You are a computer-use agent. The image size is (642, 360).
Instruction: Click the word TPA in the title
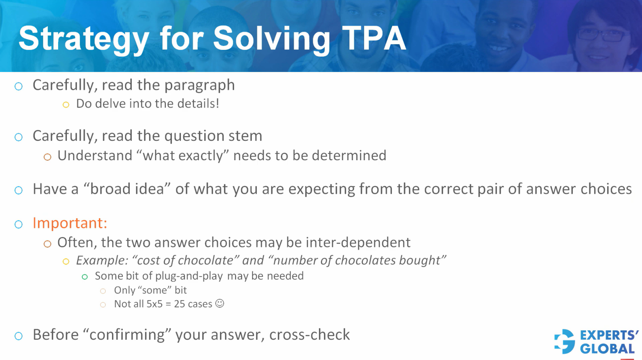(374, 38)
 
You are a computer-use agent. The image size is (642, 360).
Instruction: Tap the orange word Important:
(70, 223)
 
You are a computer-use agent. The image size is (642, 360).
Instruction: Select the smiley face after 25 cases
(220, 303)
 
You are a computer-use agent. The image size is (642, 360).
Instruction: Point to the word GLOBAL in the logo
(607, 349)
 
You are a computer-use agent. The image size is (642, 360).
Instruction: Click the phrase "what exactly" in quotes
(182, 155)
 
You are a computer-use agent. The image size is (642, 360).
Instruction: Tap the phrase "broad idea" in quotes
(127, 189)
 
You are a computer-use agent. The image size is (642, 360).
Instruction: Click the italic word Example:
(102, 260)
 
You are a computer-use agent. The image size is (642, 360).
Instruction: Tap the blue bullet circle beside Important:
(19, 224)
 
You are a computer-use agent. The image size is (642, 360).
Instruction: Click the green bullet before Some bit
(85, 277)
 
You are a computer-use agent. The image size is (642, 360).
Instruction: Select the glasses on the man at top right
(601, 35)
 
